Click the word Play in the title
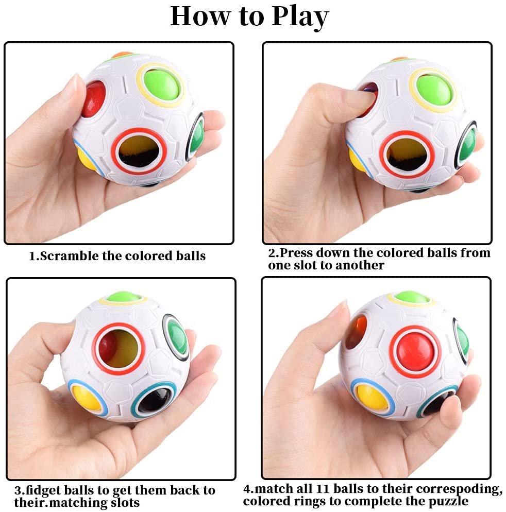pos(300,18)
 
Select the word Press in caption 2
pos(296,253)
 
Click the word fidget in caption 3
pos(42,490)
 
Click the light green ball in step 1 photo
pos(161,84)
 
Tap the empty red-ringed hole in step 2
pos(407,155)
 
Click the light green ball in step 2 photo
pos(433,89)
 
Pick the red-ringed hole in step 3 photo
pos(118,349)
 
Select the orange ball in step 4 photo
pos(357,332)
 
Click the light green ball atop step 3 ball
pos(123,297)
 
